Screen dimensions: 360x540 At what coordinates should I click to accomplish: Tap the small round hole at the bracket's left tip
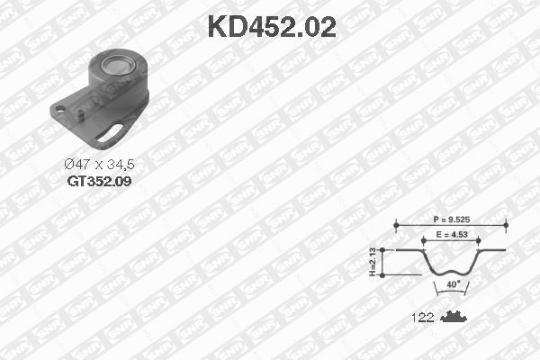[60, 112]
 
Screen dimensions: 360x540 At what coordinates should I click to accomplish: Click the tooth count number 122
[422, 318]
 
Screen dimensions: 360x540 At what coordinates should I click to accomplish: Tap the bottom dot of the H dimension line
[383, 274]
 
